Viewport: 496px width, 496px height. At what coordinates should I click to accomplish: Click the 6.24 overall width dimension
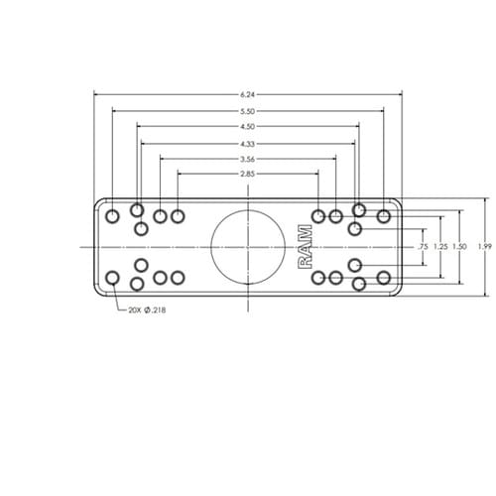point(248,94)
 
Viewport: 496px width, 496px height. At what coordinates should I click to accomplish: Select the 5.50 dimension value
point(248,111)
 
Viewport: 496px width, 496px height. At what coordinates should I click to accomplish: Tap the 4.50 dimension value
point(248,126)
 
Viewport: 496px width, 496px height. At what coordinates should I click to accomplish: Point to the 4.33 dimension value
point(248,144)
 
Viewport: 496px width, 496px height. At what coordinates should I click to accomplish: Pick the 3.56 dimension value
point(248,159)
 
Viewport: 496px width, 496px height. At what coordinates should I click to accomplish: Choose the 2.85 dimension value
point(248,174)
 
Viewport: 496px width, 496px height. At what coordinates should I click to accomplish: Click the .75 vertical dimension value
point(423,247)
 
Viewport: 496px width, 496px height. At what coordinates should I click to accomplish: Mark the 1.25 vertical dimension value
point(440,247)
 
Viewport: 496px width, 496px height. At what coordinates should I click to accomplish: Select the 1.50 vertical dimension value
point(459,247)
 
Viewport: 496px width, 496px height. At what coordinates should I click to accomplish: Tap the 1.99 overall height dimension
point(485,247)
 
